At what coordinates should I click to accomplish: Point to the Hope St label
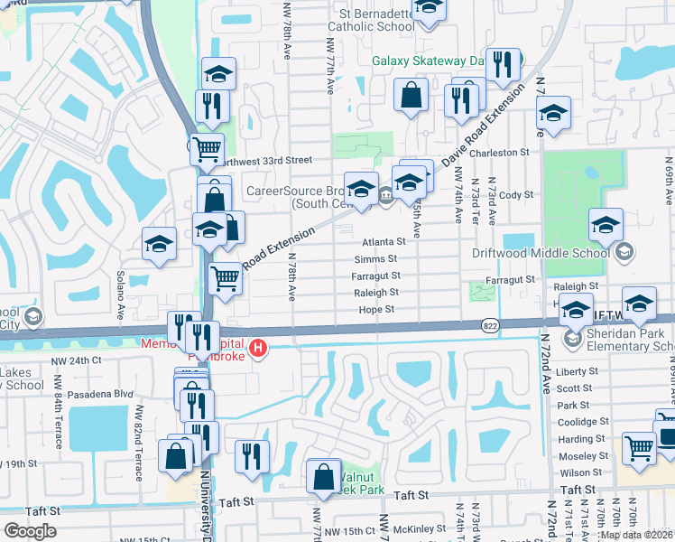tap(378, 310)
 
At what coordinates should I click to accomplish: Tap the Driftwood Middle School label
tap(541, 254)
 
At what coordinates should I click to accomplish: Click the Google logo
tap(30, 531)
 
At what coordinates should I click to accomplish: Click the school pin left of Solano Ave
tap(160, 246)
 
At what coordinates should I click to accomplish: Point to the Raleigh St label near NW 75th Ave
tap(376, 294)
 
